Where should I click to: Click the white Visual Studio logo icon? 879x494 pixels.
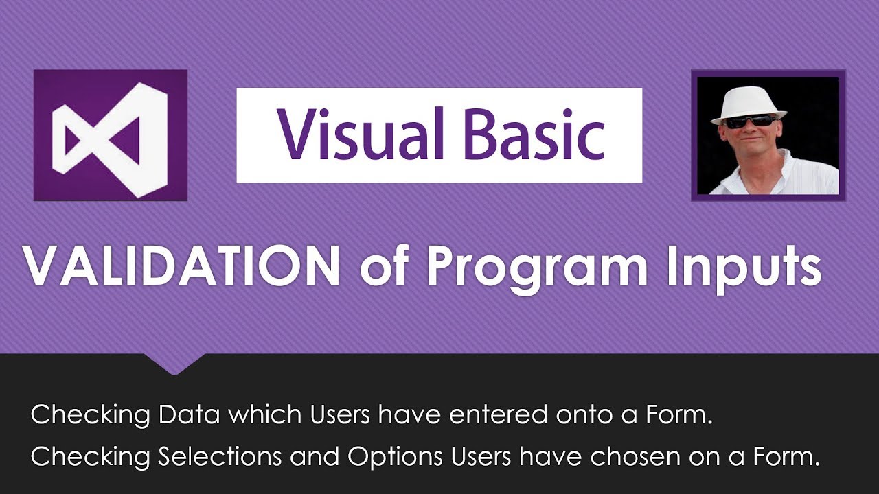pyautogui.click(x=110, y=135)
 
